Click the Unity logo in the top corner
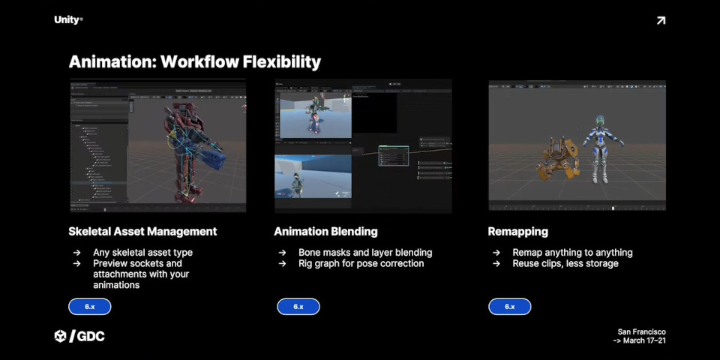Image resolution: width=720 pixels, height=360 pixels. tap(67, 20)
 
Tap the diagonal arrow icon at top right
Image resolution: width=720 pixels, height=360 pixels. tap(661, 20)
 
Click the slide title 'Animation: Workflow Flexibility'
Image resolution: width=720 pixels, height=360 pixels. tap(194, 61)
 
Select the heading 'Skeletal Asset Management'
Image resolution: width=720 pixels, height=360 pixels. tap(142, 231)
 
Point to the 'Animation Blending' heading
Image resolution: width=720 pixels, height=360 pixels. tap(325, 231)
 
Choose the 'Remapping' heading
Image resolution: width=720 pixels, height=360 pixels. tap(517, 231)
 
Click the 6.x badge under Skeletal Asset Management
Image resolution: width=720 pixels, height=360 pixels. tap(89, 307)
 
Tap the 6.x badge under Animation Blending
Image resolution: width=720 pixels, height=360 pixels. tap(298, 307)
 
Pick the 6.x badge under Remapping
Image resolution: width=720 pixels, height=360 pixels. tap(509, 307)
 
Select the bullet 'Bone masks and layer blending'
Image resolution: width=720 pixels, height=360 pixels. tap(364, 253)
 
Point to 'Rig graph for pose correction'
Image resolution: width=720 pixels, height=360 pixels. tap(361, 263)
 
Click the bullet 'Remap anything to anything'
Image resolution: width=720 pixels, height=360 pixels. tap(572, 253)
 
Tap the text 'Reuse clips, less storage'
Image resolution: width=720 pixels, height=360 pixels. tap(565, 263)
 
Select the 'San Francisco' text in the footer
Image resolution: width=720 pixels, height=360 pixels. tap(641, 331)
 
